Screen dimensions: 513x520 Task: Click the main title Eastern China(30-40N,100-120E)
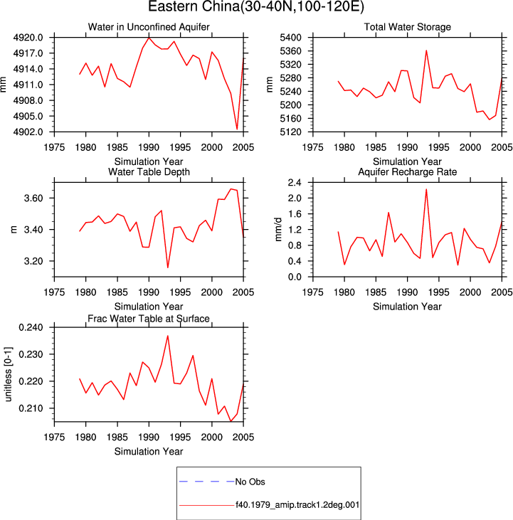(256, 6)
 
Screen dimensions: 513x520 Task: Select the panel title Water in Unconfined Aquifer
(149, 27)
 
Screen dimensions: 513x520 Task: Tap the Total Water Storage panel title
(407, 27)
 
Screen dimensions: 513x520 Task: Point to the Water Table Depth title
(149, 171)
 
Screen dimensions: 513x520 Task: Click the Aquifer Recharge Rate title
(407, 171)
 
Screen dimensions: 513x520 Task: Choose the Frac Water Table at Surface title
(149, 319)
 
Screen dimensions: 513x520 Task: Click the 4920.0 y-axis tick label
(28, 38)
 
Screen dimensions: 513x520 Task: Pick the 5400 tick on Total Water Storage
(291, 38)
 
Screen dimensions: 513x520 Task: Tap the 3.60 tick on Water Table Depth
(33, 198)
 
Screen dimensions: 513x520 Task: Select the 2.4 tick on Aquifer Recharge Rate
(295, 183)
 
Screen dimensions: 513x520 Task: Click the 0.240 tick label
(31, 328)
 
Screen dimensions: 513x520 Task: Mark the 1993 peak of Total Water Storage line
(426, 51)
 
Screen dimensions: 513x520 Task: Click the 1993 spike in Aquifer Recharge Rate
(426, 189)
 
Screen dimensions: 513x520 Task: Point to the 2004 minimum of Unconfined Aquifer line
(237, 129)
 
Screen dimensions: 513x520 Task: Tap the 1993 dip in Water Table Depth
(167, 267)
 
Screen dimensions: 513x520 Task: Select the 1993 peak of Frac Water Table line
(168, 336)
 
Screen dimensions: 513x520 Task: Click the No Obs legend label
(250, 482)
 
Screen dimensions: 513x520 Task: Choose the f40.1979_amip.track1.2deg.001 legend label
(297, 505)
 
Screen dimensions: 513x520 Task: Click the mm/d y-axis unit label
(278, 230)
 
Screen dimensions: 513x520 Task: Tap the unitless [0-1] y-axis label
(8, 374)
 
